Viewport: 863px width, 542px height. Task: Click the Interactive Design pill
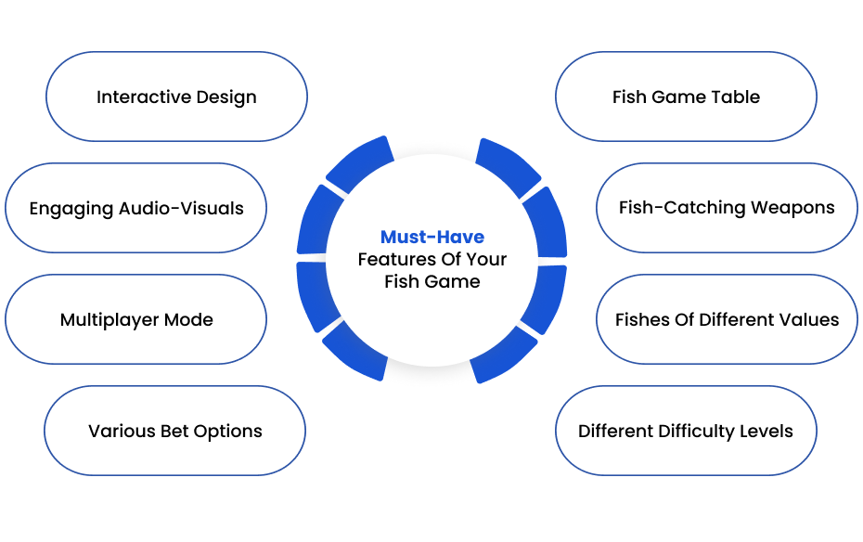[x=176, y=97]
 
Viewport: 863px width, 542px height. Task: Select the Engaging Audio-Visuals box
[x=135, y=208]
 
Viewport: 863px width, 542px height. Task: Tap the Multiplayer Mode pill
[x=135, y=319]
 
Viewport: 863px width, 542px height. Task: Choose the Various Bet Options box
[x=175, y=431]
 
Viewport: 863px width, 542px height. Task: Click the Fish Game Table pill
[x=686, y=97]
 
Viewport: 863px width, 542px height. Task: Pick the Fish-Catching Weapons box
[x=727, y=208]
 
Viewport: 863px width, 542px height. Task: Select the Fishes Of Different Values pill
[x=727, y=319]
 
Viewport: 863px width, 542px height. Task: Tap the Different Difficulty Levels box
[x=686, y=431]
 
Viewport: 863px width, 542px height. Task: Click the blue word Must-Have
[x=432, y=237]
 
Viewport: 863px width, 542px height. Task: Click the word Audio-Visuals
[x=181, y=208]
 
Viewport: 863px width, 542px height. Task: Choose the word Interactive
[x=144, y=97]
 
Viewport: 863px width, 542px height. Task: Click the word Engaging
[x=71, y=209]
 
